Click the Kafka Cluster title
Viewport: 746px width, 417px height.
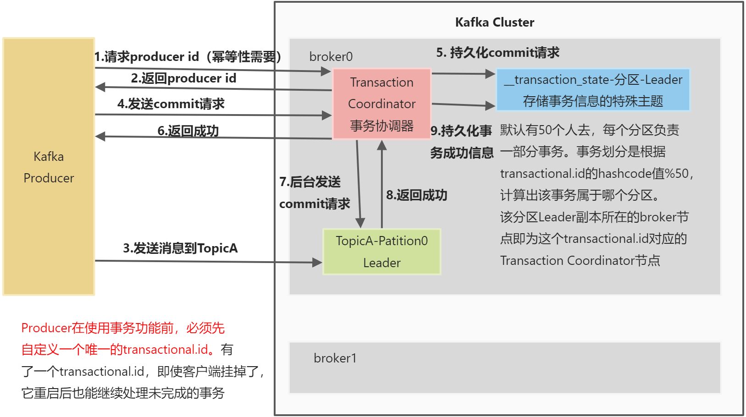[x=494, y=22]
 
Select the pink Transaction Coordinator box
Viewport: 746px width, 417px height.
[x=381, y=104]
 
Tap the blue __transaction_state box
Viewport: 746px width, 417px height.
[x=593, y=90]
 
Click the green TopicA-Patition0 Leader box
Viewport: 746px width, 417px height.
[x=381, y=252]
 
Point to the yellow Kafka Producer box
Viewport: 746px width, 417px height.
[x=49, y=167]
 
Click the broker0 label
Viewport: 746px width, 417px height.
[x=331, y=57]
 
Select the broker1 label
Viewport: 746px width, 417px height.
[x=335, y=358]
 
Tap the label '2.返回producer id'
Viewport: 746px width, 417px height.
[x=183, y=78]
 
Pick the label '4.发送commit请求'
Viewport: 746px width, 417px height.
[x=171, y=104]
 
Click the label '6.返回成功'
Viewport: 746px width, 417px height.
[x=188, y=131]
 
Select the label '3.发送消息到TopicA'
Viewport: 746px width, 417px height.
[x=180, y=248]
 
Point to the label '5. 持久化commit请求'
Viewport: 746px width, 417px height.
[x=497, y=53]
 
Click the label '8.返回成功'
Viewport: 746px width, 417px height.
[x=416, y=195]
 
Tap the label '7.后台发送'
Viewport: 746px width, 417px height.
[x=310, y=182]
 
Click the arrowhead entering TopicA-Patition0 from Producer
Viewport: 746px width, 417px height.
[x=317, y=263]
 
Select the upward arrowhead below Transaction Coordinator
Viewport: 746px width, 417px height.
[x=382, y=146]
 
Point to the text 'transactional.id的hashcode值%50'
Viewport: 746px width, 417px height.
[x=596, y=174]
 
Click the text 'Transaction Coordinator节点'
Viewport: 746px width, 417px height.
[x=580, y=261]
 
